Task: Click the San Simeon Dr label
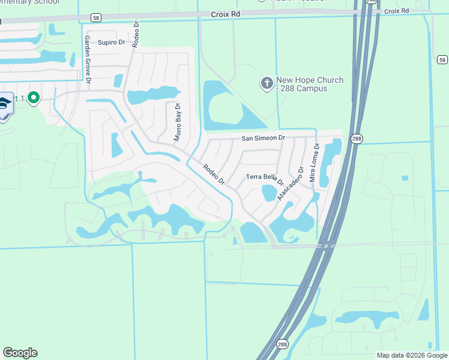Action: tap(263, 138)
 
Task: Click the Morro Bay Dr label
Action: tap(177, 122)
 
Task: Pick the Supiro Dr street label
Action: tap(111, 42)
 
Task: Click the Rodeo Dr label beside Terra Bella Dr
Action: tap(213, 175)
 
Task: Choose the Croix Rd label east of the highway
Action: tap(396, 11)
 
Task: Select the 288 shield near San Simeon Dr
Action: tap(357, 139)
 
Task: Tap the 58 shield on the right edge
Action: tap(442, 60)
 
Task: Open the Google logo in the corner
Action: tap(20, 353)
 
